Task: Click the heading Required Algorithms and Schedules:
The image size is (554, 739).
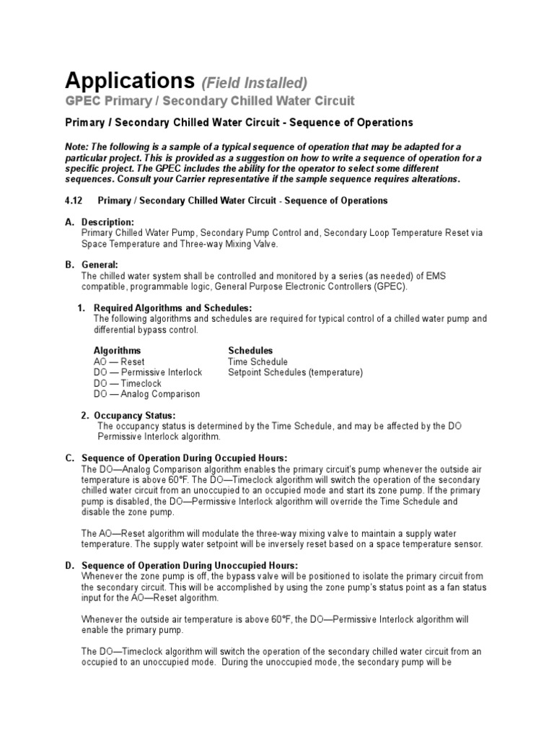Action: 173,308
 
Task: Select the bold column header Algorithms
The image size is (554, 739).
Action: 118,351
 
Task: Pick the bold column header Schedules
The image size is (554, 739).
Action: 250,351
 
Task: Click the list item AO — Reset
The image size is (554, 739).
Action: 119,362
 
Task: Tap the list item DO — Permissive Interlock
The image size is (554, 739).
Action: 148,372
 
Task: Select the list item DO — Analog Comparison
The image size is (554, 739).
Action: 146,394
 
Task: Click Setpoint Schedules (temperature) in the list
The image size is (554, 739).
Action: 295,372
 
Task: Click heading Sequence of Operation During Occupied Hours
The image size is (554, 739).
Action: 185,458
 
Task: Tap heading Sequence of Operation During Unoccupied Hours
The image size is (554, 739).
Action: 190,565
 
